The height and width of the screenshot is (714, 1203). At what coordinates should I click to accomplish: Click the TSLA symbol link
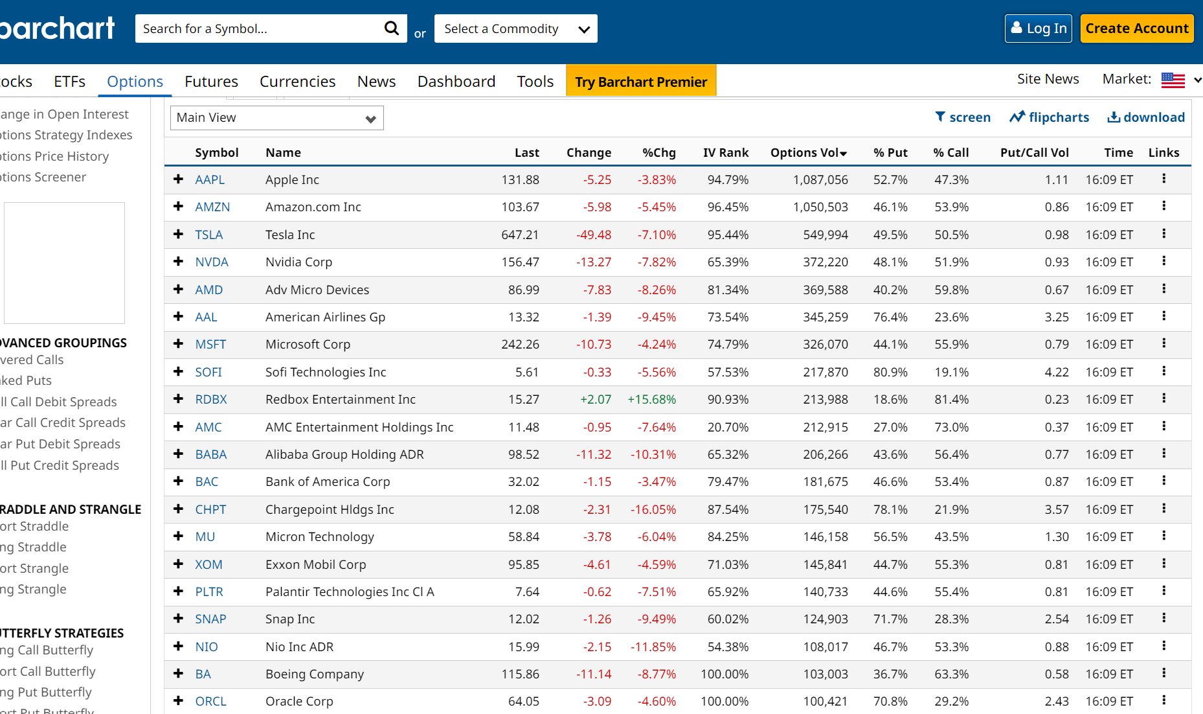pos(208,235)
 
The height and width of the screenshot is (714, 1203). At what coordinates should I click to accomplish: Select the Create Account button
pos(1136,29)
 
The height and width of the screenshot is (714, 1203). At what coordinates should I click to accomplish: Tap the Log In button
pos(1038,29)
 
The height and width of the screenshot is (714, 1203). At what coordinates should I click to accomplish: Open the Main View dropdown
pos(276,118)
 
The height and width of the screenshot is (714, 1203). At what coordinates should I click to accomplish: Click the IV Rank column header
pos(725,152)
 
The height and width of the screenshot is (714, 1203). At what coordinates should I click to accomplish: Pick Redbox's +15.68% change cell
pos(651,399)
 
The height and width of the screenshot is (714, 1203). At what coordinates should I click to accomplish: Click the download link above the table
pos(1145,117)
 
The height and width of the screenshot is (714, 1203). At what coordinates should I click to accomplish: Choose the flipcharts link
pos(1049,117)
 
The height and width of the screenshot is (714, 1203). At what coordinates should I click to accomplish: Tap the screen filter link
pos(963,117)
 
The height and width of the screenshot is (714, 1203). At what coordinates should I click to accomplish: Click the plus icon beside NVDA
pos(178,261)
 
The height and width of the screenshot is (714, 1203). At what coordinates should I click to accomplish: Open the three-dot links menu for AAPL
pos(1164,178)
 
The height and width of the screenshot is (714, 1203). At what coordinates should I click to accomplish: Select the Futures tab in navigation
pos(211,82)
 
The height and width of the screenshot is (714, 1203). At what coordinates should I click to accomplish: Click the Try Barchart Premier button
pos(640,82)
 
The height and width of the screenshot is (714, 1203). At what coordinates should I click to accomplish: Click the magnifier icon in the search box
pos(391,29)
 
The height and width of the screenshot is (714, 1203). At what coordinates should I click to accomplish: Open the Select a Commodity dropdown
pos(515,29)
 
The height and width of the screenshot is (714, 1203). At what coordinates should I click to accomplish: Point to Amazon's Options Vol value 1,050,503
pos(820,207)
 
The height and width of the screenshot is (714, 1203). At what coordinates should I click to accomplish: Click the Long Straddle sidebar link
pos(34,547)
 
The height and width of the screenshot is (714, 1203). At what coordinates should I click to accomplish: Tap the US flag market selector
pos(1173,80)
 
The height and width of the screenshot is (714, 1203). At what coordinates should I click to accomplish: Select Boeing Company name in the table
pos(314,674)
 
